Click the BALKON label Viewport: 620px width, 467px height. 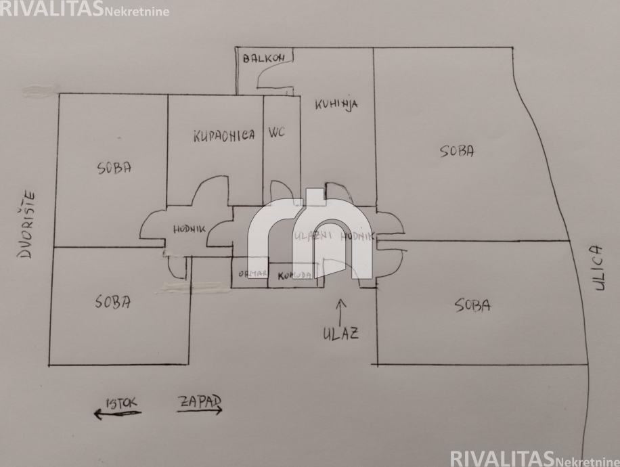click(265, 58)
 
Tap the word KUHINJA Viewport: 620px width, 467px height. click(336, 104)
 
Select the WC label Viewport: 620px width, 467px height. click(278, 133)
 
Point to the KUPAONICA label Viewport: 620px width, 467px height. click(224, 135)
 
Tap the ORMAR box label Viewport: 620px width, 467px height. click(248, 275)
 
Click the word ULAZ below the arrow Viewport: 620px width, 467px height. click(341, 333)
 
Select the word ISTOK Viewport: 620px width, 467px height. click(121, 403)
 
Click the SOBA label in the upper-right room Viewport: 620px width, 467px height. click(458, 151)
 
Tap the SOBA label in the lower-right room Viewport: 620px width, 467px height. click(472, 305)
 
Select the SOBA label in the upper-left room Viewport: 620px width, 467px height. click(114, 169)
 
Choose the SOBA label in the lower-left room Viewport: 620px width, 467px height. click(113, 301)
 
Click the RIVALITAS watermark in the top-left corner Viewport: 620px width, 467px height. click(51, 8)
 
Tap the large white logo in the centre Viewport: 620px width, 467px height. click(309, 234)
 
